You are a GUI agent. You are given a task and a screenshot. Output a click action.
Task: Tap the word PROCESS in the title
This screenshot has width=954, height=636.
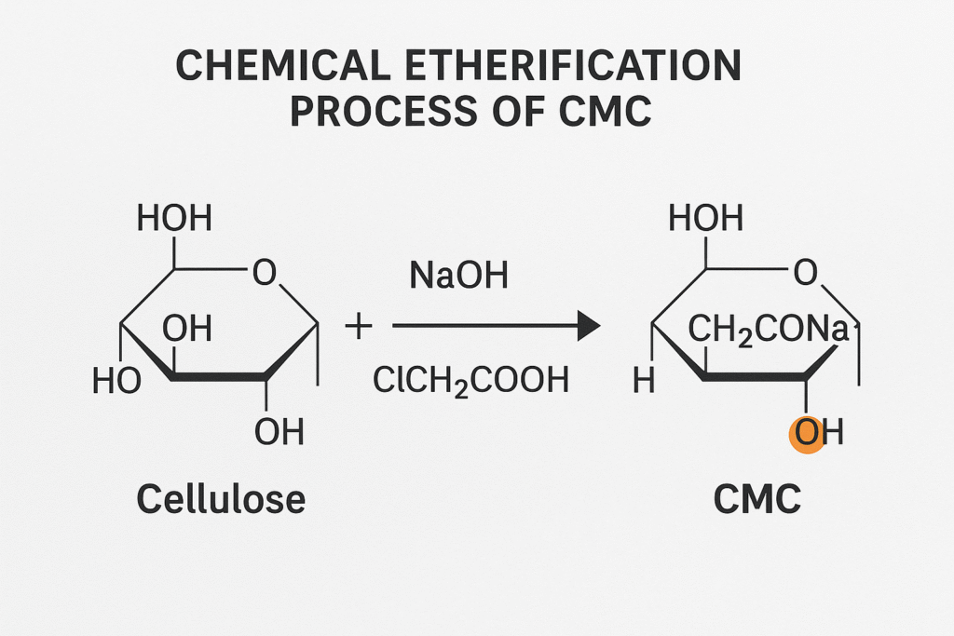[368, 112]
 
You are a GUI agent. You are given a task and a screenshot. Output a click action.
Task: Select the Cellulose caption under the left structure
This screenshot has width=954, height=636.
[221, 500]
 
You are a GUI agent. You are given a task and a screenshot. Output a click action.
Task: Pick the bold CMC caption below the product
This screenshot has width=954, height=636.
[756, 500]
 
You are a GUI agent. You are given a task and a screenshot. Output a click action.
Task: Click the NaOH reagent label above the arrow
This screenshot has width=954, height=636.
[459, 277]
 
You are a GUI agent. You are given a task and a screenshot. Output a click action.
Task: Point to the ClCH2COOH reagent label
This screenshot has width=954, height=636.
[470, 379]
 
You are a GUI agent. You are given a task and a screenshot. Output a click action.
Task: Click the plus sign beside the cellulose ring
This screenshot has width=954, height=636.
[358, 327]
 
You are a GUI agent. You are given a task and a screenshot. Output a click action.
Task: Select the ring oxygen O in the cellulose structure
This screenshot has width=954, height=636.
[265, 273]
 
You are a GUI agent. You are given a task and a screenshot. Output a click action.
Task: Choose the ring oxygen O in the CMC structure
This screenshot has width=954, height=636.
[805, 273]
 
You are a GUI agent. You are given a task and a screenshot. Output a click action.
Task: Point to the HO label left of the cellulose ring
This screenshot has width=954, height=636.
[117, 381]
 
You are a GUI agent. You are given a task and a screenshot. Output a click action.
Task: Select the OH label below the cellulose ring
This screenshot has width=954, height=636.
[279, 432]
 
